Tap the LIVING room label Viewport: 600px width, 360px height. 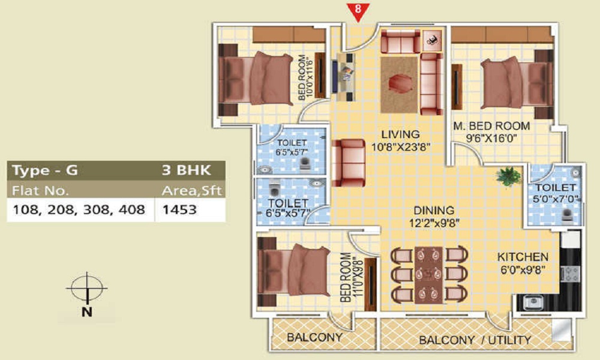(400, 134)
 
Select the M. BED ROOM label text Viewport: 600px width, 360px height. (492, 126)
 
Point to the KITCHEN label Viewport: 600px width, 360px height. (523, 257)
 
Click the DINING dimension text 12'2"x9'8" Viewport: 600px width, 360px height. (434, 223)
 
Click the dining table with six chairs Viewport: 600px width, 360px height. (428, 275)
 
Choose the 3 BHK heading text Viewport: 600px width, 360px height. (187, 170)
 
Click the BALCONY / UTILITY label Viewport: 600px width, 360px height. (475, 340)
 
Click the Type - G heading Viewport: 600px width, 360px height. (45, 170)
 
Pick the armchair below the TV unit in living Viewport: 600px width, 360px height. (348, 163)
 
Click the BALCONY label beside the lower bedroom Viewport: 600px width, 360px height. (314, 337)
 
